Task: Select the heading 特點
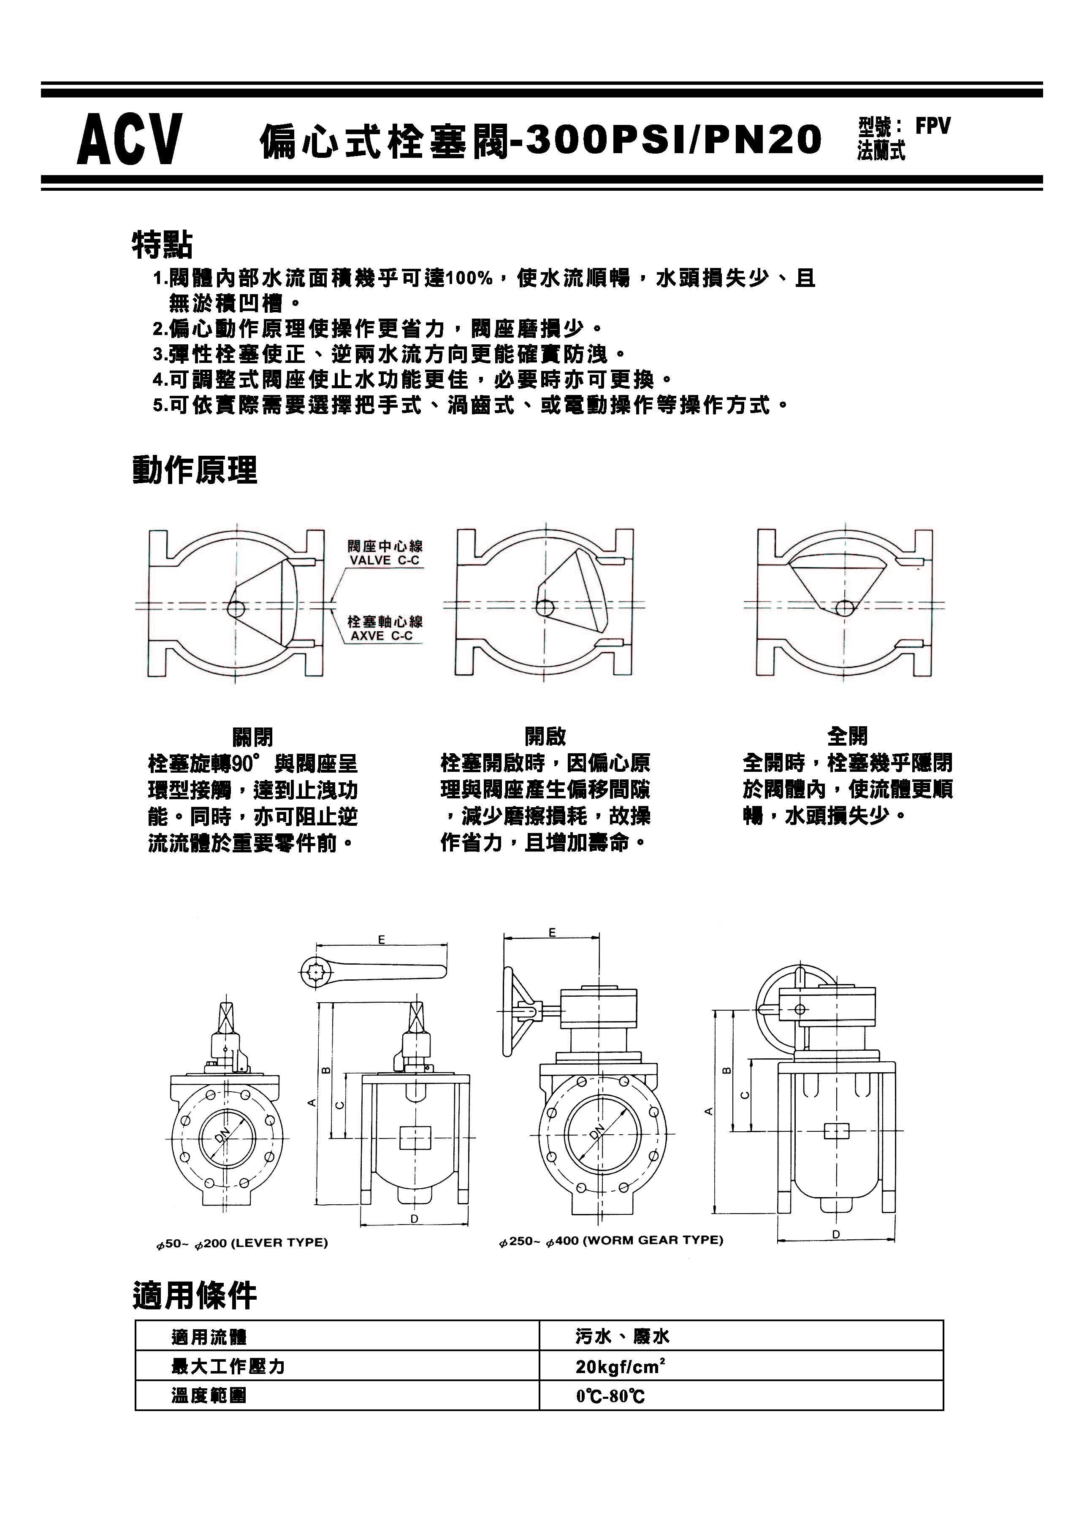point(162,244)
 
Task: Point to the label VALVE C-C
point(385,560)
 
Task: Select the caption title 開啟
point(545,736)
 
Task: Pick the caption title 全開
point(847,736)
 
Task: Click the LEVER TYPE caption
point(242,1243)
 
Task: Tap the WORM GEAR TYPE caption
point(611,1240)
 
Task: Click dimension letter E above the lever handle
point(381,940)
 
